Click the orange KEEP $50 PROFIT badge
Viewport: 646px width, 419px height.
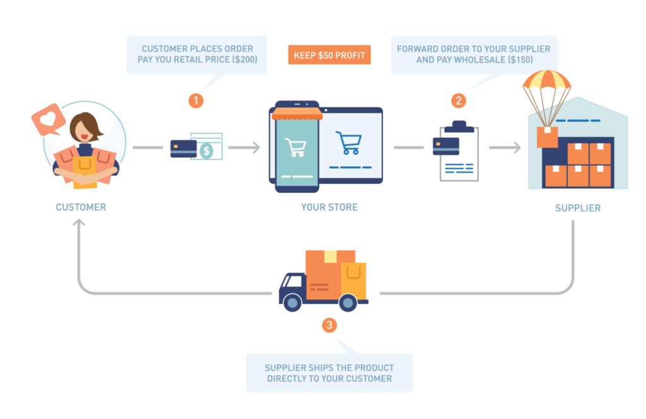[329, 55]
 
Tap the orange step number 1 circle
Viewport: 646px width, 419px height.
[196, 100]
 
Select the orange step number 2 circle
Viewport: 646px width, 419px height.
[459, 100]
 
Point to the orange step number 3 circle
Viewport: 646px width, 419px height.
[329, 325]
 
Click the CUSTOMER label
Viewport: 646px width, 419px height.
[81, 207]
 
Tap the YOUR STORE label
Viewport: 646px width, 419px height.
[329, 207]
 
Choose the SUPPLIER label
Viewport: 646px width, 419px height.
[577, 208]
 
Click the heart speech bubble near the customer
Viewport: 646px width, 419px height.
[49, 119]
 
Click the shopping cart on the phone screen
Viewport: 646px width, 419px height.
[295, 147]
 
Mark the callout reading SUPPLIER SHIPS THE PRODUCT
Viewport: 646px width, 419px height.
[329, 373]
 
